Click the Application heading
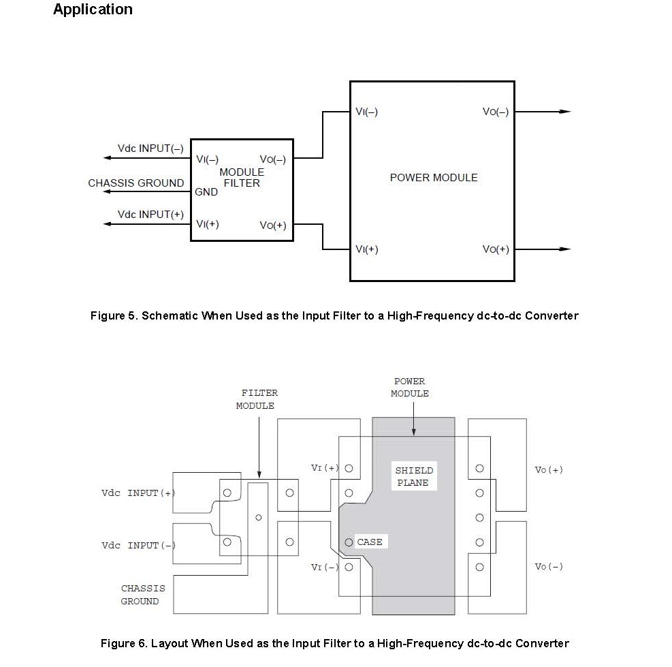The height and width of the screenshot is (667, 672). tap(93, 10)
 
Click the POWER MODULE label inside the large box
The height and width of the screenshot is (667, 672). tap(434, 178)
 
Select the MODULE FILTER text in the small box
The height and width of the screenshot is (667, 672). tap(242, 178)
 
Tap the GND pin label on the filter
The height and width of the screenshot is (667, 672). tap(206, 191)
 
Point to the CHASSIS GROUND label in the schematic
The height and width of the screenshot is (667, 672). tap(136, 183)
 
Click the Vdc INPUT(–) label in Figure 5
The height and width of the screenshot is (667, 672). tap(150, 149)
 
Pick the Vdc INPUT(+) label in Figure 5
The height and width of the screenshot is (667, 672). tap(150, 215)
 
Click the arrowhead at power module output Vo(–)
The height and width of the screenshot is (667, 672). tap(566, 112)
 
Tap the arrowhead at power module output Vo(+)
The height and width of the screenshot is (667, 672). tap(566, 249)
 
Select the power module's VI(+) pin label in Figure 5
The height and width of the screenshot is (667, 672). tap(367, 249)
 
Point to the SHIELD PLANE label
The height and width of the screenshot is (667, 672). tap(413, 476)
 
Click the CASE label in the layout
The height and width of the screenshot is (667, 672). tap(370, 542)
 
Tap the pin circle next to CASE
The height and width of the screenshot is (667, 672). tap(349, 542)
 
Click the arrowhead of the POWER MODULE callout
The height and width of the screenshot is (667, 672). tap(413, 432)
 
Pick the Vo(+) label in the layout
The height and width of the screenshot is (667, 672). tap(549, 469)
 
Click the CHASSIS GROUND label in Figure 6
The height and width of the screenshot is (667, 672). tap(143, 595)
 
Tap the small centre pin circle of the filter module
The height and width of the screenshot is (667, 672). tap(259, 518)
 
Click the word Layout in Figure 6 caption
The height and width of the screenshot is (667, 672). tap(170, 643)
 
